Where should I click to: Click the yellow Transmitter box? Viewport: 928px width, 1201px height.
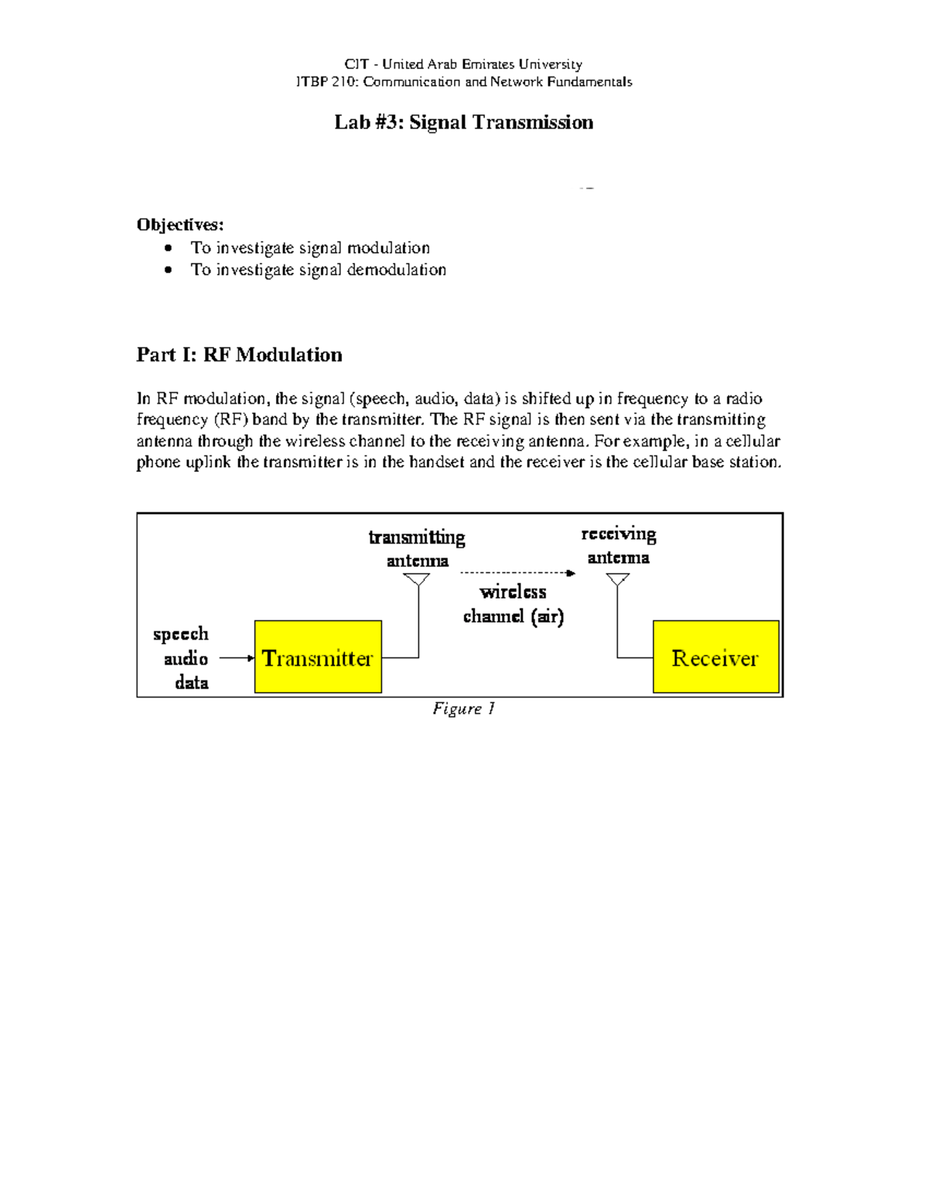318,657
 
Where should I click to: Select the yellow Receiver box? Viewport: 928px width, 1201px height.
715,657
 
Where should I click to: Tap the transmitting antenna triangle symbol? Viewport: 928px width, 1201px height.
417,579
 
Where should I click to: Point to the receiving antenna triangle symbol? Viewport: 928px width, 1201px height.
617,579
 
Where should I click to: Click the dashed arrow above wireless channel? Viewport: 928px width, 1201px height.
517,573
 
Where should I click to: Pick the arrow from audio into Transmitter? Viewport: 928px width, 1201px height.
237,658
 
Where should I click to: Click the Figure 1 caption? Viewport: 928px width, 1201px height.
463,708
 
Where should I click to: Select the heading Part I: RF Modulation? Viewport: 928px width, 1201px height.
239,355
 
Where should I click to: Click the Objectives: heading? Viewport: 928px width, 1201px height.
180,225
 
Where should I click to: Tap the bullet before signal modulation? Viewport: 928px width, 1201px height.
169,248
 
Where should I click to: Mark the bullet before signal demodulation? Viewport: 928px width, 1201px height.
169,270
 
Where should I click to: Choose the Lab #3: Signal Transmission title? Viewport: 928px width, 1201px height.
463,122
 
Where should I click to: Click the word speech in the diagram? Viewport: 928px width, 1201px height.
181,634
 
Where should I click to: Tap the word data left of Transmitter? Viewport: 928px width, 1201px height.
191,682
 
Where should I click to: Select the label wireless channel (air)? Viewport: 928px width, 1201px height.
513,604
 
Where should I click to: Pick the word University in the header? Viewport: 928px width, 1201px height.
550,64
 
